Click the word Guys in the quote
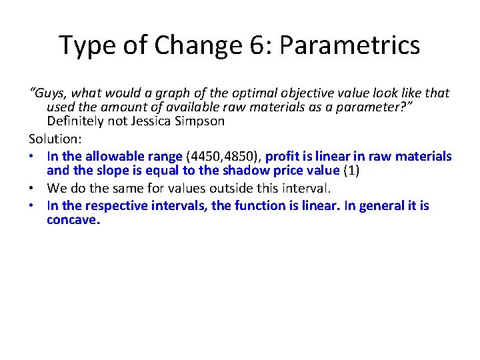(47, 93)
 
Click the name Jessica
(153, 121)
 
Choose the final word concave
(73, 219)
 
